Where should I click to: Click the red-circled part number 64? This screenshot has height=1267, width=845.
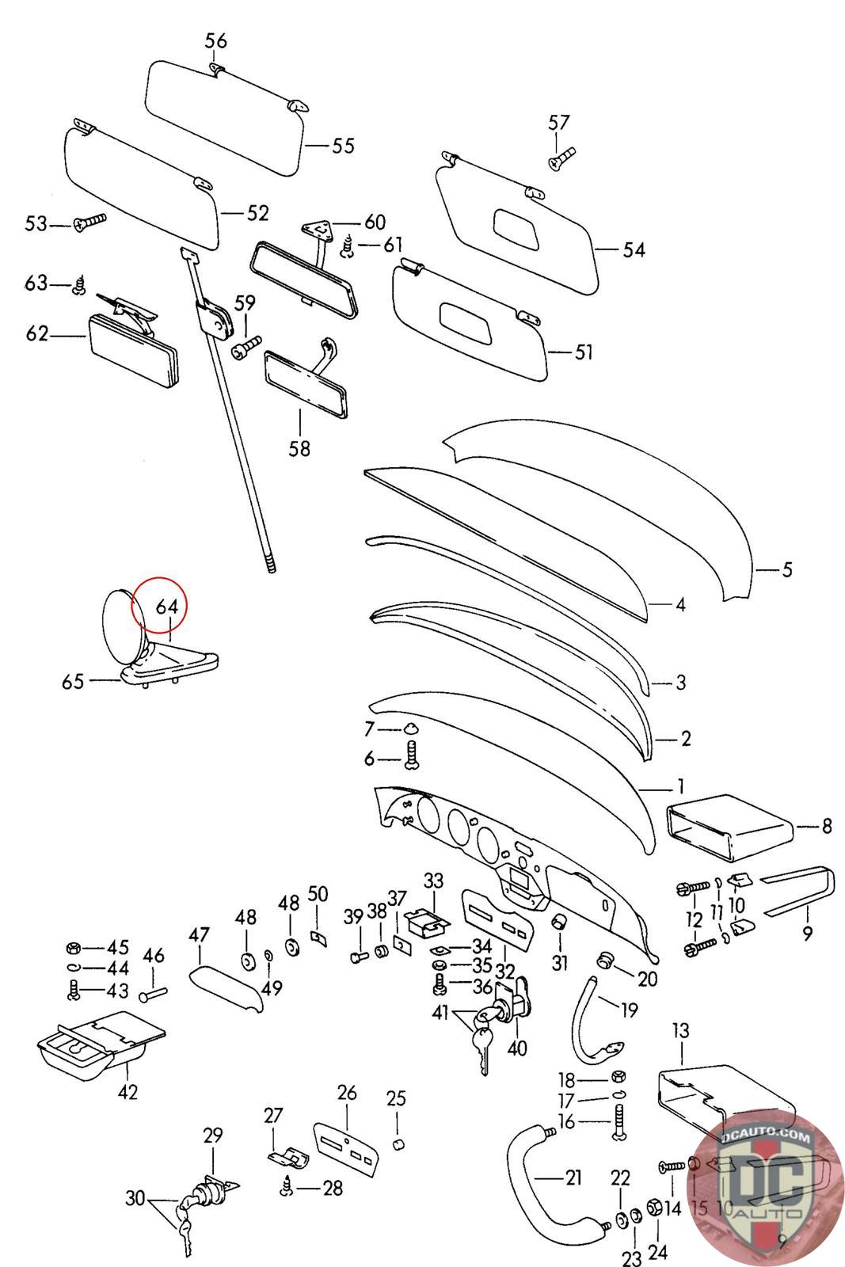166,607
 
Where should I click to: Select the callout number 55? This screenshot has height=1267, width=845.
343,146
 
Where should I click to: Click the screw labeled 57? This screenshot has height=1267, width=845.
561,158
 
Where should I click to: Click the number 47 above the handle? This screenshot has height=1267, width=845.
199,935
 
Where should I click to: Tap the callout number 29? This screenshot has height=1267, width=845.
213,1135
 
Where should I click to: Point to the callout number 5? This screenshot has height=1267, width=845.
786,569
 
